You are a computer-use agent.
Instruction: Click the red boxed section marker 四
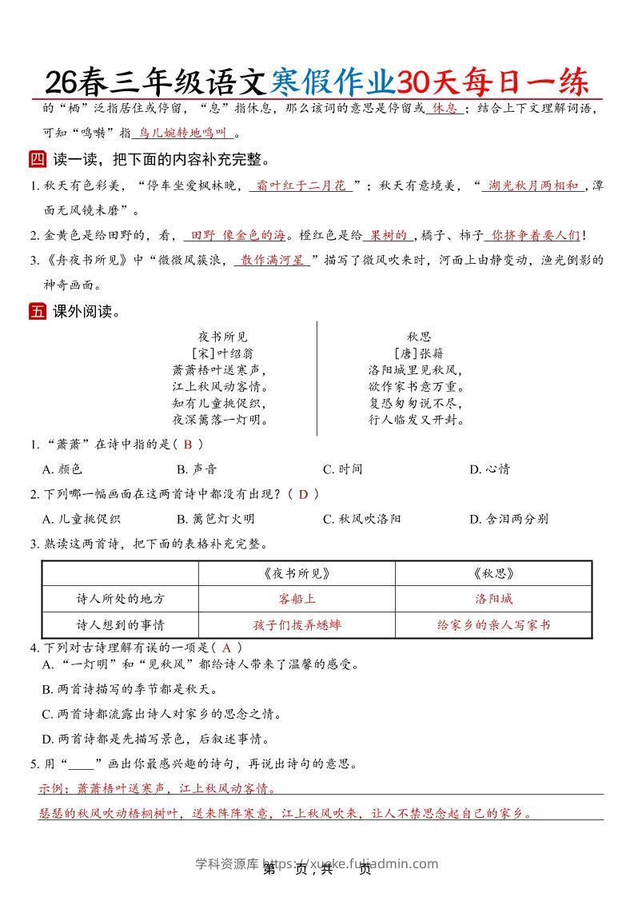point(38,159)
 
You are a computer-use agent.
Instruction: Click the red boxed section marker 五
point(38,312)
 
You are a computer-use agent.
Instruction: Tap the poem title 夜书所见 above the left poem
point(223,337)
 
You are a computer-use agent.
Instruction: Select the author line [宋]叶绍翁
point(223,353)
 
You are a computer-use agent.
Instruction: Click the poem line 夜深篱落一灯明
point(220,419)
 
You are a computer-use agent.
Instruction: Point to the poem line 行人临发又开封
point(417,419)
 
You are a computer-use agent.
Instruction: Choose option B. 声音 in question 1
point(197,469)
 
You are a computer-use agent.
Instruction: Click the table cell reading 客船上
point(297,599)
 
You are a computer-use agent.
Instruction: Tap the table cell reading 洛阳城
point(493,599)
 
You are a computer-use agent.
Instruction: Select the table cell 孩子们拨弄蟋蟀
point(297,624)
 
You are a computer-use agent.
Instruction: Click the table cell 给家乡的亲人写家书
point(493,624)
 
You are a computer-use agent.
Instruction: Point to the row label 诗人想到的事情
point(120,624)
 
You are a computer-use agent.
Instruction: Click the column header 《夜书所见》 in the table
point(297,573)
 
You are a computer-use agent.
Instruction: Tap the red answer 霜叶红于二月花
point(301,185)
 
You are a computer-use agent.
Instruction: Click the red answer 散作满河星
point(273,260)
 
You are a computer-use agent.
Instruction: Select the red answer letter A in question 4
point(226,648)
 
